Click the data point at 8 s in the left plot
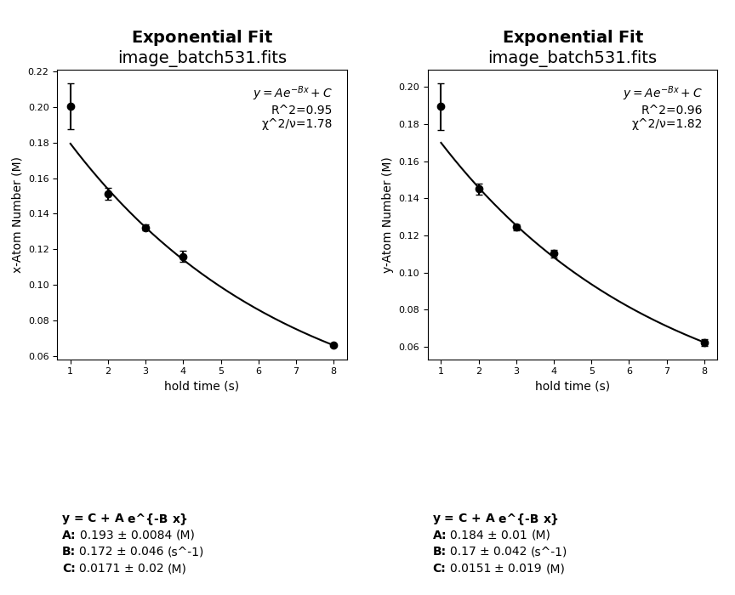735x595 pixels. [x=333, y=345]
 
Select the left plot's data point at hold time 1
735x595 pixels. [x=71, y=106]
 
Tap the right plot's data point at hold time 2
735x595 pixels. [x=479, y=190]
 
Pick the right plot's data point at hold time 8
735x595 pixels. [x=704, y=343]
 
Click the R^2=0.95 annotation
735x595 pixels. [x=301, y=110]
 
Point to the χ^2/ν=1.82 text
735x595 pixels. [x=667, y=124]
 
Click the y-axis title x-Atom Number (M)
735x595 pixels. [x=17, y=214]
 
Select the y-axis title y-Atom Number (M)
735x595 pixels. [x=387, y=214]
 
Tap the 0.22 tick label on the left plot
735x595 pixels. [x=37, y=71]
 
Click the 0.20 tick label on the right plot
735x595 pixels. [x=408, y=87]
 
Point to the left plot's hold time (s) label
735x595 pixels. [x=202, y=386]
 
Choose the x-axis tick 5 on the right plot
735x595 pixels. [x=592, y=371]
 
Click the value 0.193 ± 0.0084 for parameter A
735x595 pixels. [x=126, y=535]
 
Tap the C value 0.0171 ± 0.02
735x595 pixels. [x=122, y=569]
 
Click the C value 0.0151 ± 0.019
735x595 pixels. [x=495, y=569]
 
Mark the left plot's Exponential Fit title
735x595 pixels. [x=202, y=37]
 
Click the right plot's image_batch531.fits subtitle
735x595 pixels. [x=573, y=58]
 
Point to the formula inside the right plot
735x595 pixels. [x=662, y=93]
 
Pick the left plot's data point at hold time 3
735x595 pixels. [x=145, y=228]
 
